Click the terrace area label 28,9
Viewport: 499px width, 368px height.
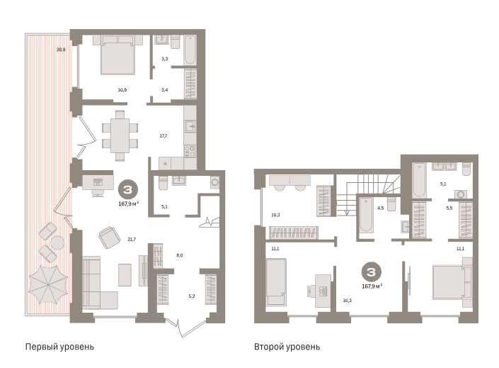[x=61, y=50]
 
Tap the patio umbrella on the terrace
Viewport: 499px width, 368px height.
[x=48, y=284]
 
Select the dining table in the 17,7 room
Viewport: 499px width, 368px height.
[x=120, y=135]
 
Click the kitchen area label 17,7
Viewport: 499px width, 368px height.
[x=164, y=136]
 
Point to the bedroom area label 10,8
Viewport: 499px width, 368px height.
[x=122, y=90]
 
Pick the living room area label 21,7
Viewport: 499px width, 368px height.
[x=132, y=239]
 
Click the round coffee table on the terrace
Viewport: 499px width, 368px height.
[x=57, y=243]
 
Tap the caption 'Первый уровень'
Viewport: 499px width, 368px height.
[x=59, y=347]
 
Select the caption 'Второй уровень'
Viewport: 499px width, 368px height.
[x=287, y=347]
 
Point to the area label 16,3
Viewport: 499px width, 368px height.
[x=348, y=301]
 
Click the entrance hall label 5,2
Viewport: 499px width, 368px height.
[x=192, y=296]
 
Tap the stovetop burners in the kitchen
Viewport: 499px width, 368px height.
[x=190, y=150]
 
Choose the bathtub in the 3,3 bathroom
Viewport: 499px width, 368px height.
[x=190, y=50]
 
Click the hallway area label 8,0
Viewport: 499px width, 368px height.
[x=180, y=255]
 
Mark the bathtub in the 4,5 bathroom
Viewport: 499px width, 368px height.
[x=366, y=215]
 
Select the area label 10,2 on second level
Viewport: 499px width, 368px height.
[x=275, y=215]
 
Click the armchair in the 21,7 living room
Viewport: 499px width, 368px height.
[x=109, y=238]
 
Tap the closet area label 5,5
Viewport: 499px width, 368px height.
[x=449, y=208]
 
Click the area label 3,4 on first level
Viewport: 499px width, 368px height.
[x=164, y=90]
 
